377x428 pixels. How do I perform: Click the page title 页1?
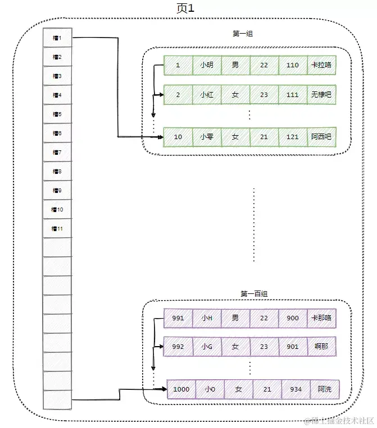click(185, 8)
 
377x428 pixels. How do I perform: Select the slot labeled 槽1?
click(57, 38)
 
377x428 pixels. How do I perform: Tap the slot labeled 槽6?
click(57, 134)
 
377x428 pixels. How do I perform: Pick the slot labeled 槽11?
click(57, 229)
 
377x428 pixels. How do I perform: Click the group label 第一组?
click(243, 34)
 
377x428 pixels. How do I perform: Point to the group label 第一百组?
click(254, 293)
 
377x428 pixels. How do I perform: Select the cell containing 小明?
click(207, 65)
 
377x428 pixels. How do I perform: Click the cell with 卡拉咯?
click(321, 65)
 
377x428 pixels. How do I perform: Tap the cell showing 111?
click(292, 95)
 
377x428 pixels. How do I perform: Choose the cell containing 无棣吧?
click(321, 95)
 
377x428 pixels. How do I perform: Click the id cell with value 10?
click(178, 137)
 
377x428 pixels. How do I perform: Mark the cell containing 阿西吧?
click(321, 137)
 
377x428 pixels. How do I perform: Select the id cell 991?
click(178, 318)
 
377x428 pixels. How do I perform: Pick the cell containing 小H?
click(207, 318)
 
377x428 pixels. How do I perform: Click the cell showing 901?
click(292, 347)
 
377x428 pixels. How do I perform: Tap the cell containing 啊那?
click(321, 347)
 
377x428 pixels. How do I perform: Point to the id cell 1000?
click(181, 389)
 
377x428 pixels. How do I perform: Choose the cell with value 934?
click(296, 389)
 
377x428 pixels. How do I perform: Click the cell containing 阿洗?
click(324, 389)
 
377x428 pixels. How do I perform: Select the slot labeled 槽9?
click(57, 191)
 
